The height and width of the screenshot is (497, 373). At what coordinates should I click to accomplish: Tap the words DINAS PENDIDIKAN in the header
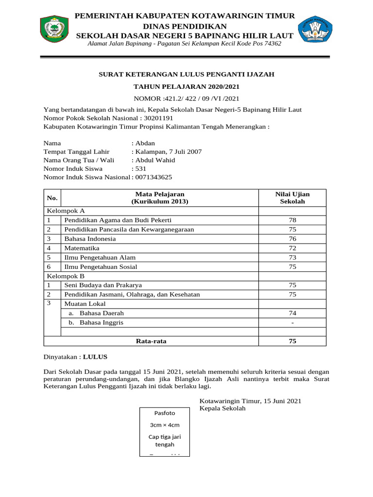pos(185,26)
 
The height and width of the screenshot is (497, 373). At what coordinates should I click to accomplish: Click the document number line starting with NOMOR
pos(186,99)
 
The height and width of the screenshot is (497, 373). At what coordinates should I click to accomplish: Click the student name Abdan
pos(145,143)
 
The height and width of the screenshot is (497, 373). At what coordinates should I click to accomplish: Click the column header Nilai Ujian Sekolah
pos(292,198)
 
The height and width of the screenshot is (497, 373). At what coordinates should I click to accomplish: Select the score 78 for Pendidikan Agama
pos(292,220)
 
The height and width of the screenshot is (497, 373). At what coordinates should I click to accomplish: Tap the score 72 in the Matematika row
pos(292,248)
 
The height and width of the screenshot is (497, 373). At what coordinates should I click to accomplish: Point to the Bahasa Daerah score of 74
pos(292,314)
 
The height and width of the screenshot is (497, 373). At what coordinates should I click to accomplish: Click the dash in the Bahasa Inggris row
pos(292,323)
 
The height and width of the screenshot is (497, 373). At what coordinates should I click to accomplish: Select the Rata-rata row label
pos(151,341)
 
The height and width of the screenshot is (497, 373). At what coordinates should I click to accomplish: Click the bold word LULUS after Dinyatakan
pos(95,357)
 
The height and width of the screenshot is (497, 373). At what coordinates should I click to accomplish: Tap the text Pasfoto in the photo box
pos(165,413)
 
